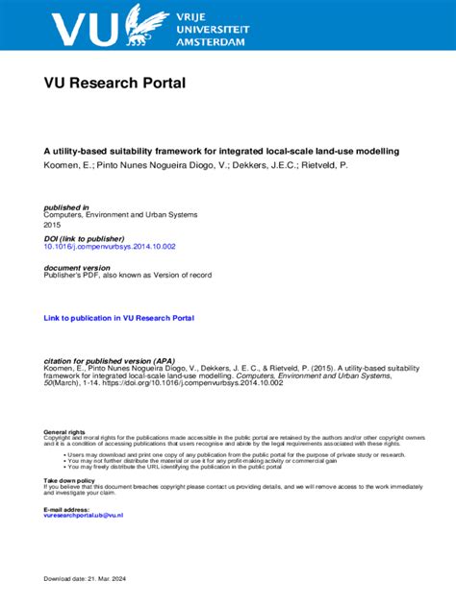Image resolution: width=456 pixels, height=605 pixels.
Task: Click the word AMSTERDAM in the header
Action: click(212, 42)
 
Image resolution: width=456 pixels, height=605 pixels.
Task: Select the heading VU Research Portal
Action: click(114, 84)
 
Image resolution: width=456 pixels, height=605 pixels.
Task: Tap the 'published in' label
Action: click(66, 207)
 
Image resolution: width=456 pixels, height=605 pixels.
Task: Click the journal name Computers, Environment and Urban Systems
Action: click(117, 216)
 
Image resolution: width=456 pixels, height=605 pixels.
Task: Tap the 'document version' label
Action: click(77, 268)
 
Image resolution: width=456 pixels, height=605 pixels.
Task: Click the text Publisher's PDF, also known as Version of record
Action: click(128, 276)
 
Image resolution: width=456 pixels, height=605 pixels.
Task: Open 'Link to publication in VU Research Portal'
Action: click(119, 317)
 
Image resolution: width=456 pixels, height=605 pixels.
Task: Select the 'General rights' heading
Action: click(64, 432)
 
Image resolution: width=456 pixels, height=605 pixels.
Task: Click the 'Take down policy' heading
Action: click(69, 479)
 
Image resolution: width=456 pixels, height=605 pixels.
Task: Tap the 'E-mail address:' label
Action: click(66, 509)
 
